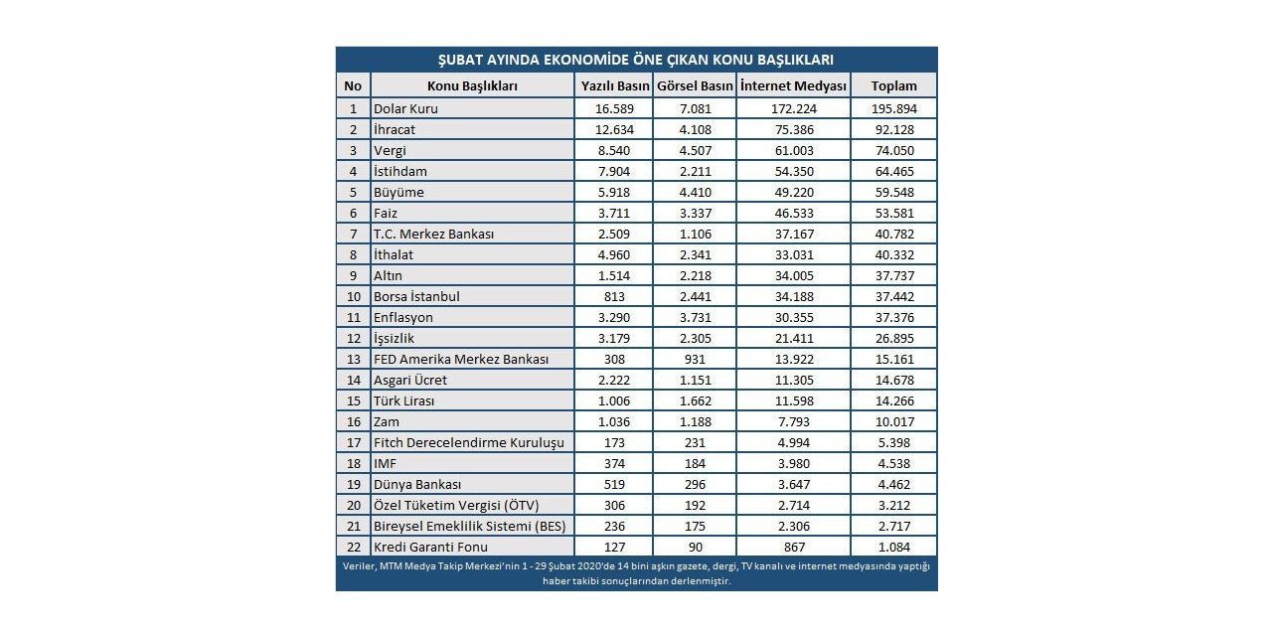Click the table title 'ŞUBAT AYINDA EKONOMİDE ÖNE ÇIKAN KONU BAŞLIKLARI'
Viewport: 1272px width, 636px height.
(636, 60)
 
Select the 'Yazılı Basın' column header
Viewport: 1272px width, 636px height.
(612, 85)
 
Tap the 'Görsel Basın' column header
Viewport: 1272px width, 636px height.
(695, 85)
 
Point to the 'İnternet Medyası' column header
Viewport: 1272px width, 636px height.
(793, 85)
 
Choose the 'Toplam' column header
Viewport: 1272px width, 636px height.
(893, 85)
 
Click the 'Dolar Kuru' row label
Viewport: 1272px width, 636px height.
(405, 108)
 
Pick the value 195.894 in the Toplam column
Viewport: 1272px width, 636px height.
(893, 108)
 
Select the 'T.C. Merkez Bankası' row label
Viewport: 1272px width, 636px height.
(433, 234)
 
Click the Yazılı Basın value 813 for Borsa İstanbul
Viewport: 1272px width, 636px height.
(612, 296)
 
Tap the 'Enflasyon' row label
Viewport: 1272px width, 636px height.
(403, 317)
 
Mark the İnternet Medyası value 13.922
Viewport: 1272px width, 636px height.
(793, 359)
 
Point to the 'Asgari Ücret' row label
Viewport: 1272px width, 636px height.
(410, 380)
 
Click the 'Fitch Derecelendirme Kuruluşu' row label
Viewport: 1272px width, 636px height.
(468, 442)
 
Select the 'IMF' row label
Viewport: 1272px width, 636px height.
(386, 463)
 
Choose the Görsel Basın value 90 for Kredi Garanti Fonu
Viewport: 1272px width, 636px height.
(695, 547)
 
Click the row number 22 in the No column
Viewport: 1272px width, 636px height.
(353, 547)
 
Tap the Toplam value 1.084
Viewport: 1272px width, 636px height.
(893, 547)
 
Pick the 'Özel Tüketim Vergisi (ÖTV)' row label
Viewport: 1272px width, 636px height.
(457, 505)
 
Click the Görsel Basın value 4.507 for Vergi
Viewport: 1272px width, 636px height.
(695, 150)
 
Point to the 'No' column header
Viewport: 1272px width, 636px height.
(353, 85)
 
